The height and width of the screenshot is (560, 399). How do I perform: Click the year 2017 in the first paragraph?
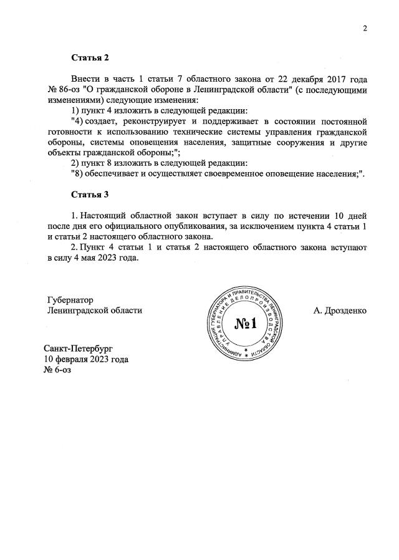[x=337, y=79]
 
